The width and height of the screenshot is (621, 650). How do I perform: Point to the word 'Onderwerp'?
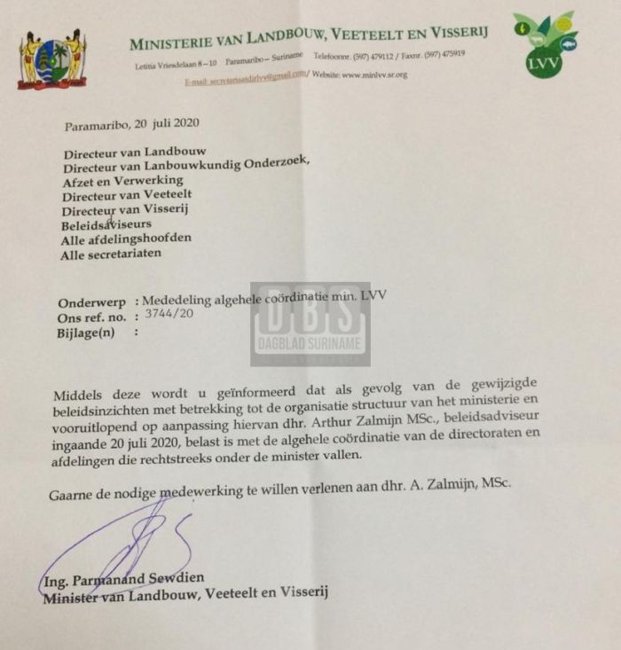click(90, 301)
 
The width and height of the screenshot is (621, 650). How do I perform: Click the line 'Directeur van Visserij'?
click(124, 209)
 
